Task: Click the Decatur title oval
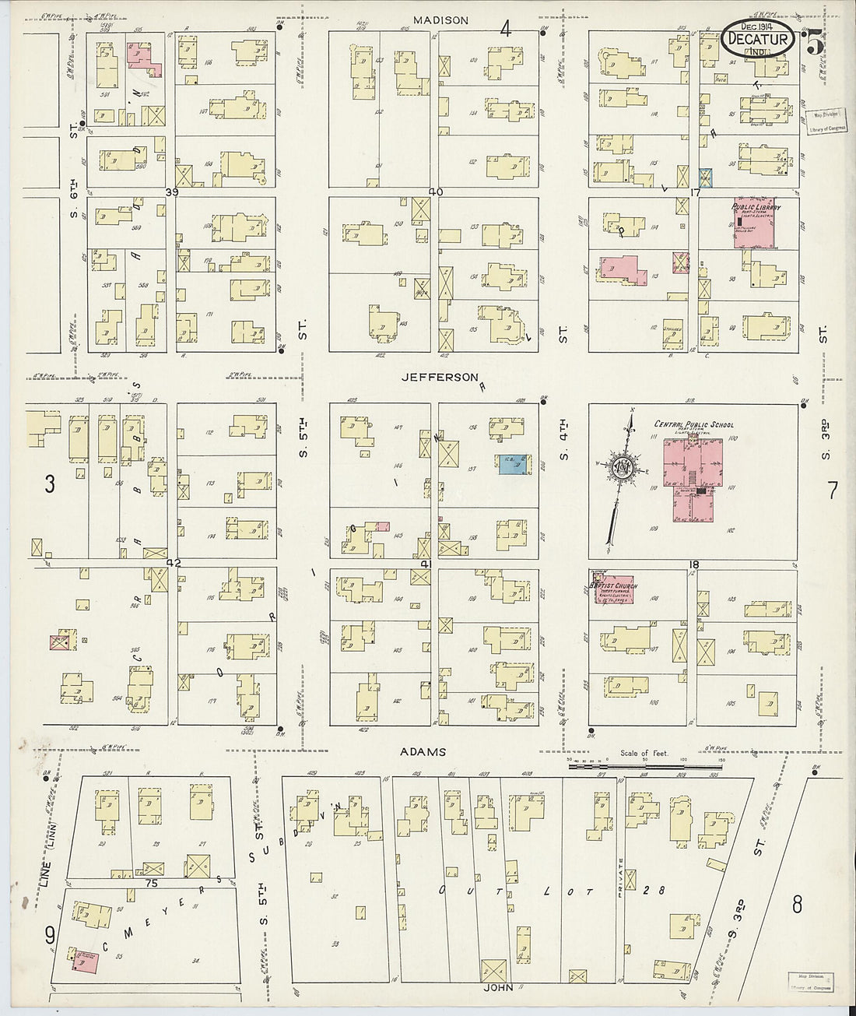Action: click(x=756, y=40)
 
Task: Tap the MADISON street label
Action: click(x=440, y=20)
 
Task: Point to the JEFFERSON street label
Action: click(x=440, y=378)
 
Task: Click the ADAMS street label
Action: click(x=423, y=752)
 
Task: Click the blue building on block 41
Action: click(x=510, y=464)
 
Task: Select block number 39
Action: click(x=172, y=192)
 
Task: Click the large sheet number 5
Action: click(x=815, y=43)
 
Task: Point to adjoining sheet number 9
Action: click(x=49, y=931)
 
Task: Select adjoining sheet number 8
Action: click(x=797, y=905)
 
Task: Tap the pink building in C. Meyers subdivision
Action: click(x=86, y=962)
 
